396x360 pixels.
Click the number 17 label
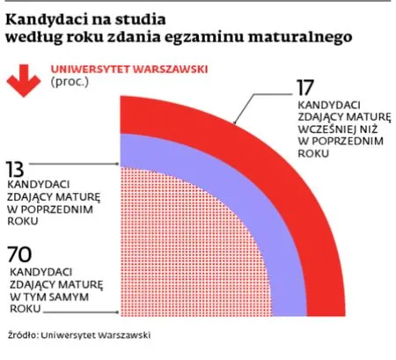point(304,89)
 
